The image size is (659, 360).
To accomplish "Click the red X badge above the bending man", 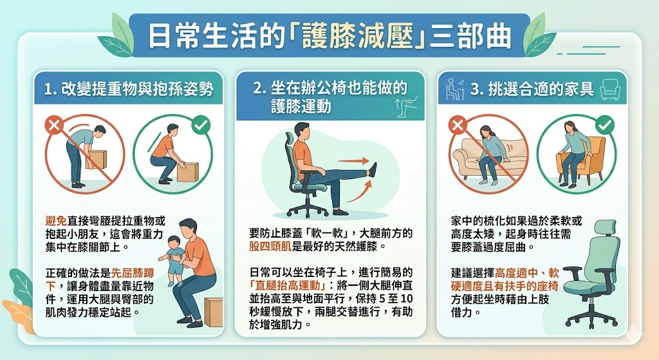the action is (54, 125).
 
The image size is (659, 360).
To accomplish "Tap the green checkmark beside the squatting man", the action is (201, 125).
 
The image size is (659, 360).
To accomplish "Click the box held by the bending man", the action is (97, 160).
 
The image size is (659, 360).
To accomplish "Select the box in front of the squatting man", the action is (187, 172).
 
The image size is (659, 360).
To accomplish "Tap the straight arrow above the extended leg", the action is (353, 160).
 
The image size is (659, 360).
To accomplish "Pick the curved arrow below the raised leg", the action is (360, 192).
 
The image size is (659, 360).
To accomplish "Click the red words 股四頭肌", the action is (270, 246).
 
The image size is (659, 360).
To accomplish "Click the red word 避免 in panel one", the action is (56, 221).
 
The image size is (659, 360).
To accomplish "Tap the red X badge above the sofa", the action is (458, 125).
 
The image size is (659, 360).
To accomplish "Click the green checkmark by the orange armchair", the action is (605, 125).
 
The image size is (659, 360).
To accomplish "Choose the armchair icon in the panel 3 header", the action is (610, 89).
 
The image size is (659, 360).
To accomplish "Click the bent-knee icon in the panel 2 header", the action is (406, 106).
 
